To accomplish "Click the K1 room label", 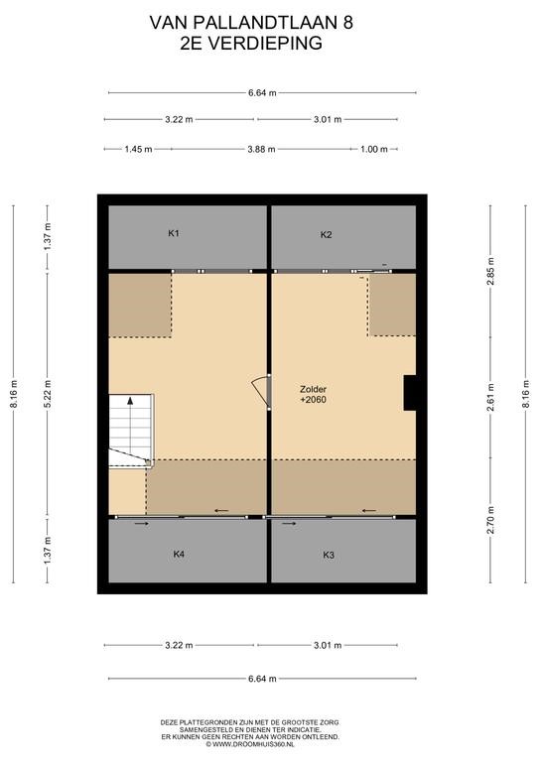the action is [174, 233].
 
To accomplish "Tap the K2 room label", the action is [327, 235].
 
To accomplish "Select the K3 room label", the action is [329, 555].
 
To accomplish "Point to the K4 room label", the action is [179, 554].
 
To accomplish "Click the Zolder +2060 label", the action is [313, 395].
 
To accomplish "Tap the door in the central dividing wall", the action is [262, 392].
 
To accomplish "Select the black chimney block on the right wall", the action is [410, 393].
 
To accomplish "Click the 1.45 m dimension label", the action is [138, 149].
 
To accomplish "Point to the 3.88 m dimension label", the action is [261, 149].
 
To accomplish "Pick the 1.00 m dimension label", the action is [374, 149].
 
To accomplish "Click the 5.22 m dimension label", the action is [47, 394].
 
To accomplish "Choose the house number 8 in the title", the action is [348, 23].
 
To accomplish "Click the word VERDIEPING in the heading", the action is [265, 44].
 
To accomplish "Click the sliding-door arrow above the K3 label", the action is [289, 524].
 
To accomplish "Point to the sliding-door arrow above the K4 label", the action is [142, 524].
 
